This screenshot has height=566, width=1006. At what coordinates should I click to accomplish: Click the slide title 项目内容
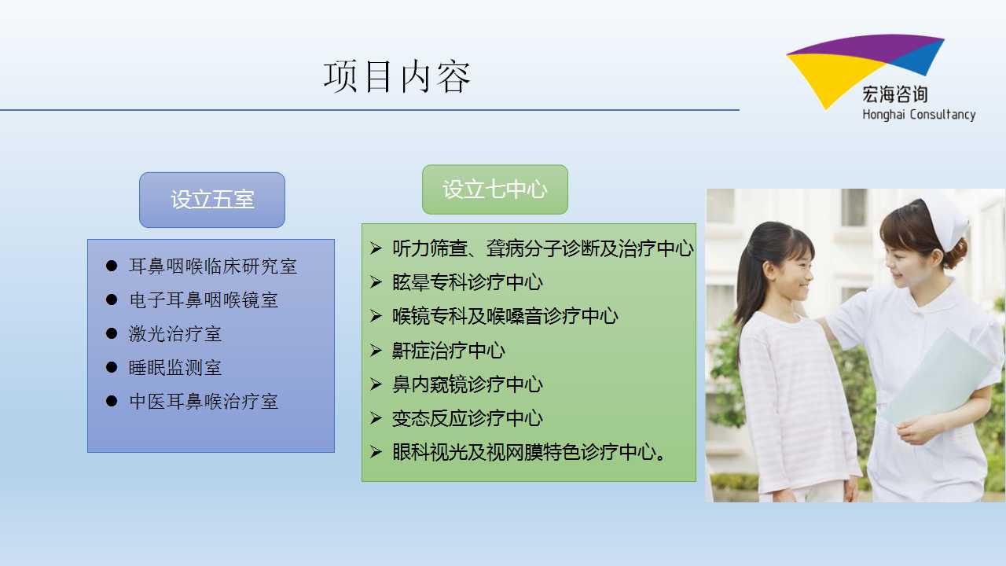tap(397, 77)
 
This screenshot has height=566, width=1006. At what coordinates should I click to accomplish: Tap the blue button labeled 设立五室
tap(212, 200)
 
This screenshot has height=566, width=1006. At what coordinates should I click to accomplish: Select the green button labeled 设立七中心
tap(495, 189)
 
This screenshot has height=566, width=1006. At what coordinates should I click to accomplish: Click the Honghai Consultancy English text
tap(919, 115)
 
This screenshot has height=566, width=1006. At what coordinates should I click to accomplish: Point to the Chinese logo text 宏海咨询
tap(894, 94)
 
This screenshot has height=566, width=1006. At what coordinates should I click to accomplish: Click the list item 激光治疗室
tap(175, 334)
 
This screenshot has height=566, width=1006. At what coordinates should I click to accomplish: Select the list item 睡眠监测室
tap(175, 367)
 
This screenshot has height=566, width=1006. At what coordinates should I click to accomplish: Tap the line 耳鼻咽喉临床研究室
tap(213, 266)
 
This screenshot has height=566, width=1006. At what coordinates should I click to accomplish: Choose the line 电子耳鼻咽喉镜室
tap(204, 300)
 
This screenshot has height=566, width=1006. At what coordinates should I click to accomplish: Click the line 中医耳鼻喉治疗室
tap(204, 401)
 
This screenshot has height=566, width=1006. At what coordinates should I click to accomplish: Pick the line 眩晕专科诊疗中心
tap(468, 282)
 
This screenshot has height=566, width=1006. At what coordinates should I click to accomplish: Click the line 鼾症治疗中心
tap(449, 351)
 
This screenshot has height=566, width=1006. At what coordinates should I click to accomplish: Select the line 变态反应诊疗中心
tap(468, 418)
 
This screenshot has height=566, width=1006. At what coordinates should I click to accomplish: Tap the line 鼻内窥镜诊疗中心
tap(468, 384)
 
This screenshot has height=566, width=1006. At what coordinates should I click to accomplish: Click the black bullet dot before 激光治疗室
tap(112, 333)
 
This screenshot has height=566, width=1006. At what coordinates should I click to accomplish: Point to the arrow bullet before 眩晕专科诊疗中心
tap(376, 282)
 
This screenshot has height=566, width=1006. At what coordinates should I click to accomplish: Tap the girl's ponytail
tap(747, 288)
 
